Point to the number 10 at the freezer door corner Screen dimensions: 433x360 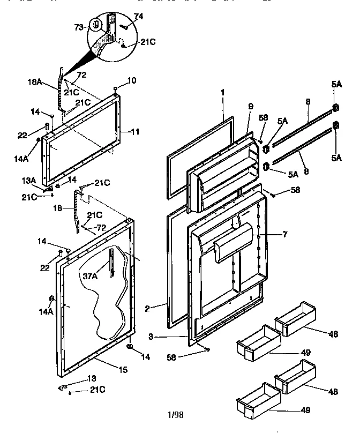point(132,80)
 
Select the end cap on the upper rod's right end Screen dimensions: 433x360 point(336,108)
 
